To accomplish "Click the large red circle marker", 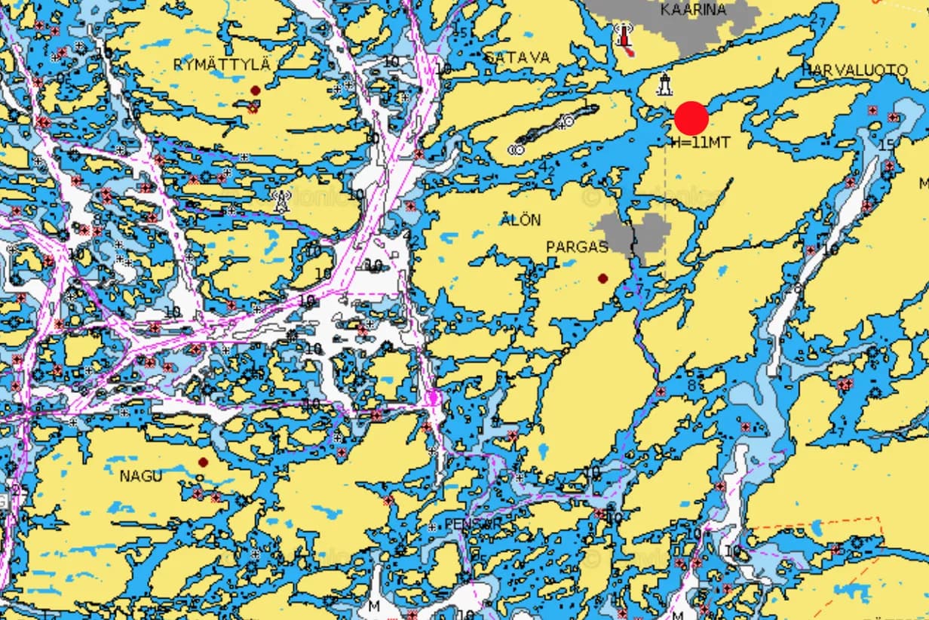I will click(691, 118).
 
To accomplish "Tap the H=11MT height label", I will click(701, 142).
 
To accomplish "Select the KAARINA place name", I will click(693, 10).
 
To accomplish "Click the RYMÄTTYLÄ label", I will click(221, 65).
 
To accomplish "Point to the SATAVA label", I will click(517, 58).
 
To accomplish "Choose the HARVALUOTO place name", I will click(854, 70).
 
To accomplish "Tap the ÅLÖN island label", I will click(520, 220).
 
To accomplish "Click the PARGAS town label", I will click(577, 247).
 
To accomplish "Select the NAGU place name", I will click(141, 476).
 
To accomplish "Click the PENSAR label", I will click(472, 523).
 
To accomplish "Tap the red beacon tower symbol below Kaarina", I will click(624, 38).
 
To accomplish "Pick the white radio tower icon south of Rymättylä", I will click(281, 201).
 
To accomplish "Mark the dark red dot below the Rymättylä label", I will click(255, 91).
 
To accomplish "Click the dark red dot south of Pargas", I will click(602, 278).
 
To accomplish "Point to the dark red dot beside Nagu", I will click(202, 462).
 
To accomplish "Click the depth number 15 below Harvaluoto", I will click(886, 144).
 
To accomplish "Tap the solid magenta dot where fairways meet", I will click(434, 397).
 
